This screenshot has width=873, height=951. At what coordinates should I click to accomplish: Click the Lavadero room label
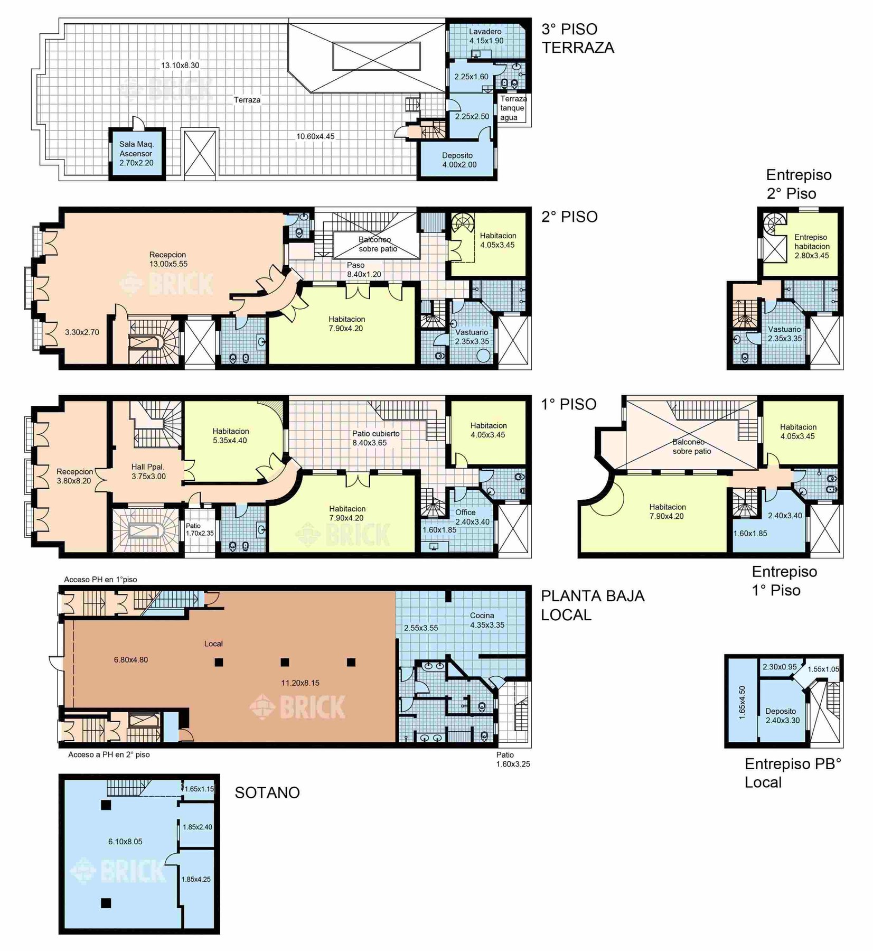(485, 32)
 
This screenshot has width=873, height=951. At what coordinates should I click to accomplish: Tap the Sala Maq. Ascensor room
(137, 153)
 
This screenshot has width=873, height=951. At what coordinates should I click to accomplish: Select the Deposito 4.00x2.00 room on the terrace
(457, 160)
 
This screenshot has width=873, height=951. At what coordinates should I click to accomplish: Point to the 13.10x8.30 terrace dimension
(180, 66)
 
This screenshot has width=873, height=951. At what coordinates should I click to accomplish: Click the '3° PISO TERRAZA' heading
(578, 38)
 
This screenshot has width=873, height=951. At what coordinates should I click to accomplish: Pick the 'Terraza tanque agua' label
(513, 108)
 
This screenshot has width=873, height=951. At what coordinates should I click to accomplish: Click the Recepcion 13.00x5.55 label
(168, 259)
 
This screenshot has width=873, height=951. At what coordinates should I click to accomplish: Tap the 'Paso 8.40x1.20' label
(364, 269)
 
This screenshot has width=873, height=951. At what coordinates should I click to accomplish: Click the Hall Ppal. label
(148, 471)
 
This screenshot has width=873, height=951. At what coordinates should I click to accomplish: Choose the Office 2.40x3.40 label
(472, 517)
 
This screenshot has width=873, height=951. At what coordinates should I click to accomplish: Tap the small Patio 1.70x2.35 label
(200, 529)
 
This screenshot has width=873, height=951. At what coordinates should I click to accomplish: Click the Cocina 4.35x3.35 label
(487, 620)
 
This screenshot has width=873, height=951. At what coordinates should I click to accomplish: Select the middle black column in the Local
(285, 662)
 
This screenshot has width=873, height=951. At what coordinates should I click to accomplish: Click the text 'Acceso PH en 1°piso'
(100, 579)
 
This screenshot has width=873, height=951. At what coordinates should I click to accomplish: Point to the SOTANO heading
(267, 792)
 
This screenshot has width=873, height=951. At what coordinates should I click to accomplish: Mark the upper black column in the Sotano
(106, 805)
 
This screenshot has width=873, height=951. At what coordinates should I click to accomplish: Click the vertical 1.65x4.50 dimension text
(742, 703)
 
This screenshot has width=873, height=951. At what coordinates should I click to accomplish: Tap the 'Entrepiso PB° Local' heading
(793, 773)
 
